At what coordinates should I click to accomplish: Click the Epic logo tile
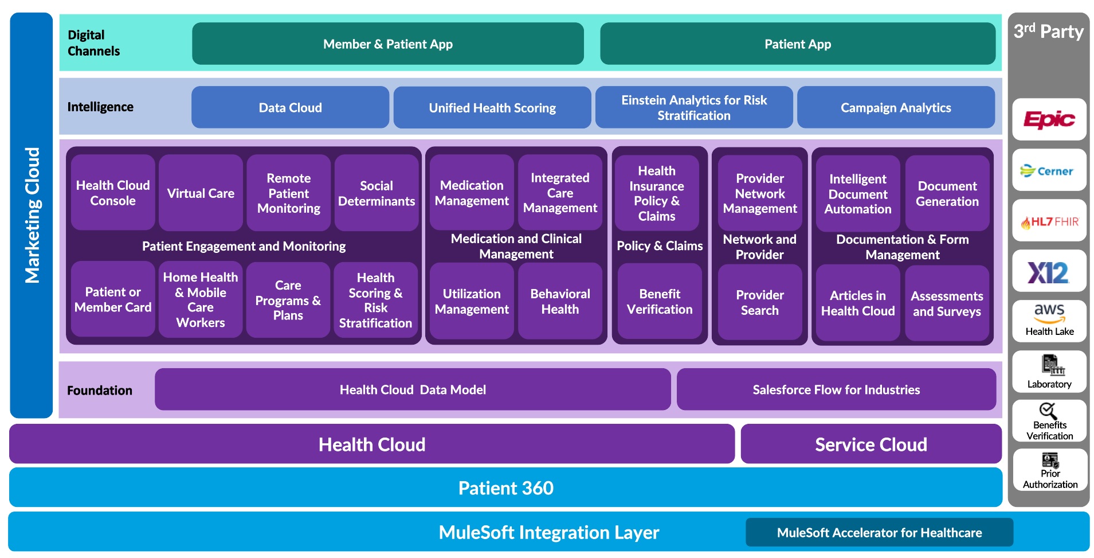1049,119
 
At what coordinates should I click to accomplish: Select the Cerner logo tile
1049,170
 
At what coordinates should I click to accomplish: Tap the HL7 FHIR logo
1049,221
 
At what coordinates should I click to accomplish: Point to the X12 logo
1049,272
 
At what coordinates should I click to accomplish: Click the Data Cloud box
290,108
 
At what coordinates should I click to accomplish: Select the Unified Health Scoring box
492,108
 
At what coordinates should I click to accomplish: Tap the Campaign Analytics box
896,108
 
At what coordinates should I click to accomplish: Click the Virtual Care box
201,193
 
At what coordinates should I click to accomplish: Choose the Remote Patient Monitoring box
289,193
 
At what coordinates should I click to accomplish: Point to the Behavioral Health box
560,302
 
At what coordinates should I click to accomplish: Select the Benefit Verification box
660,302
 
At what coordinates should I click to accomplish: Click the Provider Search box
759,302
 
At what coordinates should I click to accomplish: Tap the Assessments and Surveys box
947,303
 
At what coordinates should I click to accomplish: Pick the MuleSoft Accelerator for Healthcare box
879,533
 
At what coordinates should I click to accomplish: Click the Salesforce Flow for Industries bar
836,390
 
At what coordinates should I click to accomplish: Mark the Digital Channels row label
94,43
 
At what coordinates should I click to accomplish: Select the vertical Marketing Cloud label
32,215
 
